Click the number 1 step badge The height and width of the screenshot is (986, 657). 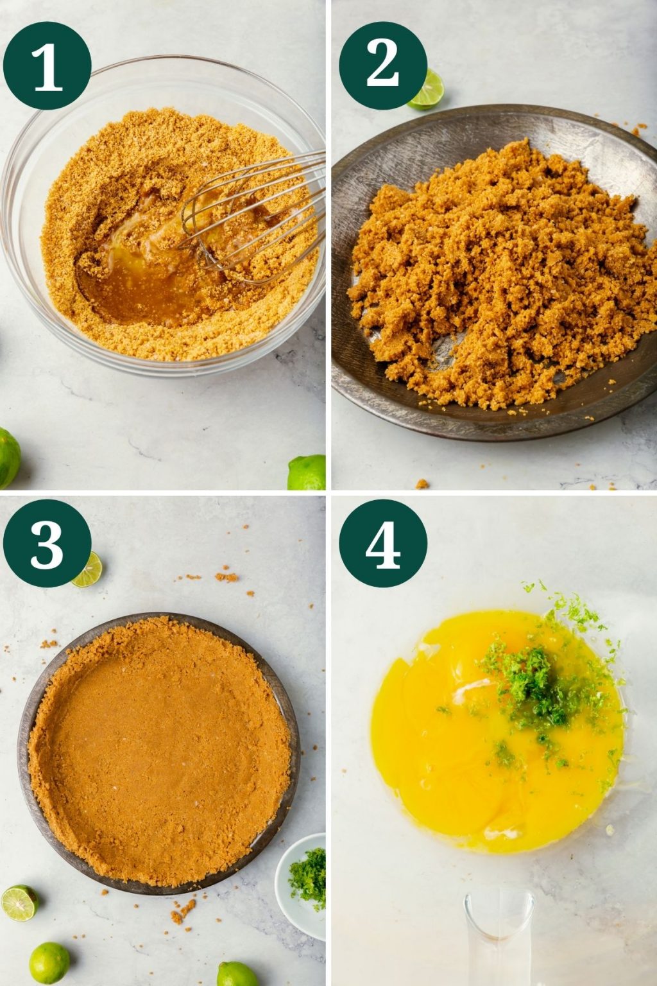tap(47, 66)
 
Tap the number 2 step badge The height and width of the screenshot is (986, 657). tap(383, 66)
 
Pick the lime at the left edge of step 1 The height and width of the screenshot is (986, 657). tap(8, 457)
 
